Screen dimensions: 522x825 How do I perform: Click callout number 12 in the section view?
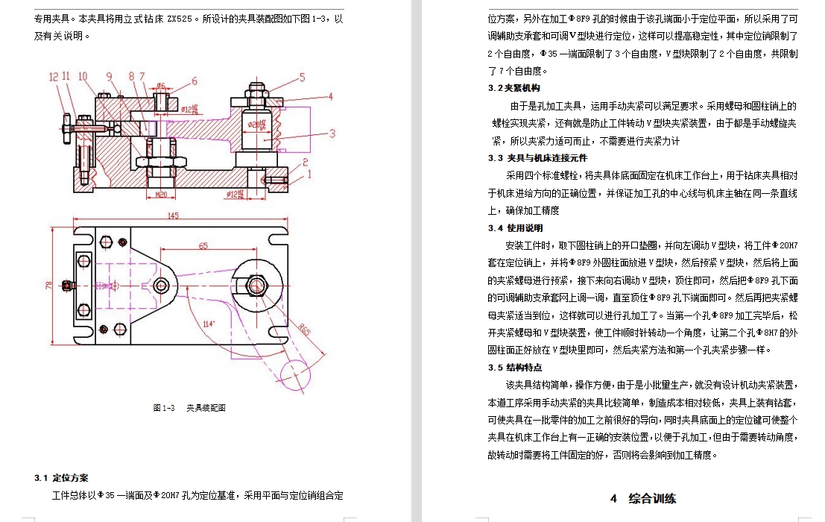click(54, 76)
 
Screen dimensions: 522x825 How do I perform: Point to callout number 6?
click(195, 81)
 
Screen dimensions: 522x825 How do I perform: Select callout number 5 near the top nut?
click(302, 76)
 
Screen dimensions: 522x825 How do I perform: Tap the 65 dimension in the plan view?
click(203, 245)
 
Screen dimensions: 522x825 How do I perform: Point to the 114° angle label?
click(209, 323)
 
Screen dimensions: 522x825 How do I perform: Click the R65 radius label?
click(305, 329)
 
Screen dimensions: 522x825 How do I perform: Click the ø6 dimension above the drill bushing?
click(160, 85)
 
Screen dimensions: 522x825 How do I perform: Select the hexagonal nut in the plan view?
click(259, 284)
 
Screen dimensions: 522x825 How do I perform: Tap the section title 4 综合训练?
click(643, 498)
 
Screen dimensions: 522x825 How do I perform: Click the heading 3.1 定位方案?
click(61, 477)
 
